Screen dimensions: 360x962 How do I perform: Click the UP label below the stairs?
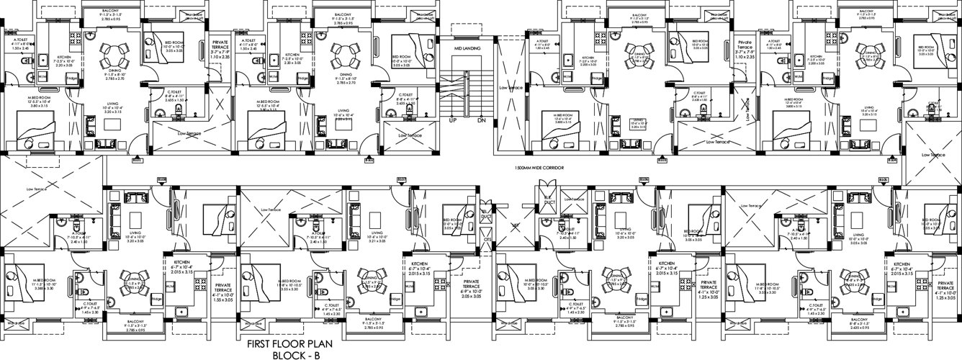(x=454, y=120)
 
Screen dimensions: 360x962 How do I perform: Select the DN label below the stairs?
(x=481, y=120)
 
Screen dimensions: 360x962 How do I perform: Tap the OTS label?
(x=487, y=239)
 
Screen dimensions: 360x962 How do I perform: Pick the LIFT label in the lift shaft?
(x=516, y=225)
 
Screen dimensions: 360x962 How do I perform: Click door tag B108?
(x=161, y=179)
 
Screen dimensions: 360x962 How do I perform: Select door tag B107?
(x=401, y=179)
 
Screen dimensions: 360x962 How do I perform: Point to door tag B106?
(x=644, y=179)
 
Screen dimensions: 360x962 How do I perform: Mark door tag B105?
(x=883, y=179)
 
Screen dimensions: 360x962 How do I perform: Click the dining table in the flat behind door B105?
(x=855, y=282)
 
